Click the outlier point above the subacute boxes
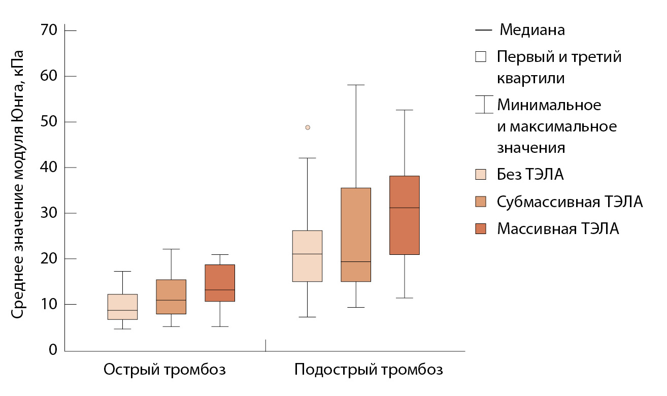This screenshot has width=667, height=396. click(308, 127)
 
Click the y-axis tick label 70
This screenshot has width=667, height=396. click(51, 30)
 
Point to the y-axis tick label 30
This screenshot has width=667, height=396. click(51, 213)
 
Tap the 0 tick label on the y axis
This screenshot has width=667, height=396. click(53, 350)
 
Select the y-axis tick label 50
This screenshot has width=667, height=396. click(51, 122)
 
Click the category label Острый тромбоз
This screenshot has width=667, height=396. click(164, 369)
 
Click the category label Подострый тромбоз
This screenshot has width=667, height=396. click(369, 369)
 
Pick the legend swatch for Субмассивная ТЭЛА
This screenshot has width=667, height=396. click(481, 202)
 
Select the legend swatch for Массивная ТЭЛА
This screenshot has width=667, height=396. click(481, 228)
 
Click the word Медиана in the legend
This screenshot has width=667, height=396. click(532, 30)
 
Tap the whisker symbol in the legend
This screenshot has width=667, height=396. click(484, 105)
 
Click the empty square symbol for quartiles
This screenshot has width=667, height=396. click(481, 57)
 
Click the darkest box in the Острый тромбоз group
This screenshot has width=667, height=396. click(219, 283)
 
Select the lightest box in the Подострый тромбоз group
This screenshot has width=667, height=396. click(307, 256)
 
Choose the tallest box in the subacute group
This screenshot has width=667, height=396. click(355, 235)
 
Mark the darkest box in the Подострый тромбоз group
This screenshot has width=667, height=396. click(404, 215)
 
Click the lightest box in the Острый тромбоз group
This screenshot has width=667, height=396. click(123, 307)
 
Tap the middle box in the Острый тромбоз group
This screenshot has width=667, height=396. click(171, 296)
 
